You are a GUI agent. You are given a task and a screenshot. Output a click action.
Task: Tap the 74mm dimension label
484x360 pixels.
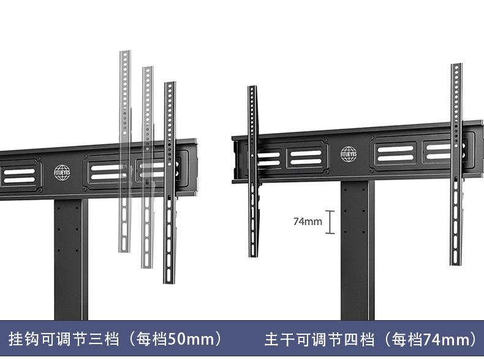(308, 221)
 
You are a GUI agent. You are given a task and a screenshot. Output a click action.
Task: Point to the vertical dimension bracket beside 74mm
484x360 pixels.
(330, 222)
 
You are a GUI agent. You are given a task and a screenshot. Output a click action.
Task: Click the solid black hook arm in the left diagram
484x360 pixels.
(170, 184)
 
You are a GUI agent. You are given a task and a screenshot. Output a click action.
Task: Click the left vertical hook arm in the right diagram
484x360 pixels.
(252, 172)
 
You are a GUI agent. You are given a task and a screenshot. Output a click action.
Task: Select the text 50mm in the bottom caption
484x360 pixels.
(184, 339)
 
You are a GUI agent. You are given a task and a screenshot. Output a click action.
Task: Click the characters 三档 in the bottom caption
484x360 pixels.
(111, 339)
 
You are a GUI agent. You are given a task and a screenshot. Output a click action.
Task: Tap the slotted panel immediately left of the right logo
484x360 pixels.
(306, 157)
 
